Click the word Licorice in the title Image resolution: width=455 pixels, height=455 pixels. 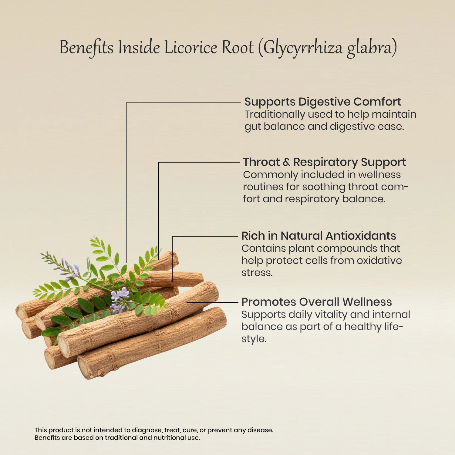pos(190,48)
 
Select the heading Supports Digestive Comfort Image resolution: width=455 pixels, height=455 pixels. pos(322,102)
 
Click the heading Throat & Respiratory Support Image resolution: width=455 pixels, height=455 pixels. pos(324,162)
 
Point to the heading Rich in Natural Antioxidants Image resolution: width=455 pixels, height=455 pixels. pos(318,236)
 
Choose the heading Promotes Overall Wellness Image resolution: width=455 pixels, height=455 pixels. pos(316,302)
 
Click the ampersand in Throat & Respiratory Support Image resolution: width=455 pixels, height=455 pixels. pos(286,162)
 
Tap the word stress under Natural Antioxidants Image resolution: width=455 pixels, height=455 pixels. pos(257,273)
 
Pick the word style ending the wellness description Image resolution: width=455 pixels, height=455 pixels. pos(254,339)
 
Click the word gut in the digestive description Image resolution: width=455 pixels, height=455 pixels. pos(252,127)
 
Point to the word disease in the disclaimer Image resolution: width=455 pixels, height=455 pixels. pos(260,430)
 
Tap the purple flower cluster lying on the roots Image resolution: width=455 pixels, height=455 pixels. pos(120,300)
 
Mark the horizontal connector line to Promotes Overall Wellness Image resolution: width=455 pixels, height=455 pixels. pos(212,302)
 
